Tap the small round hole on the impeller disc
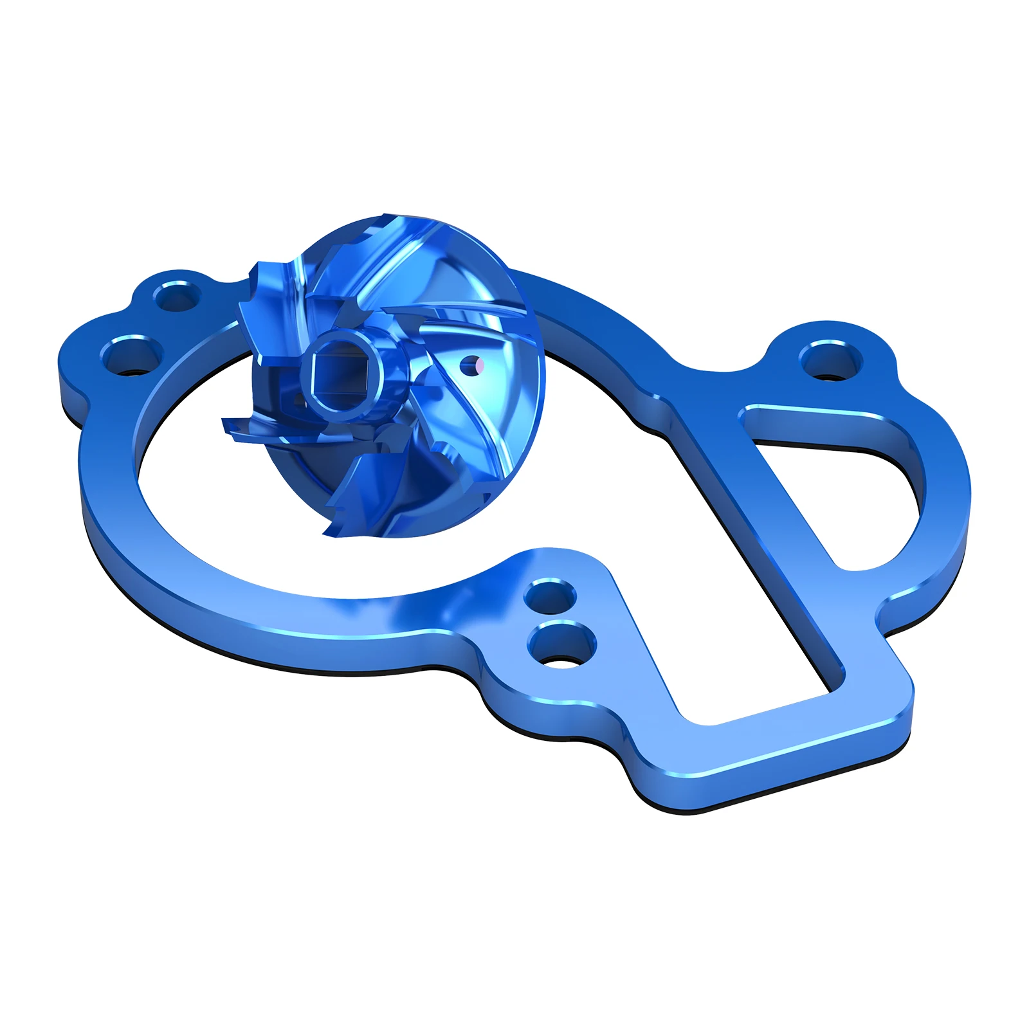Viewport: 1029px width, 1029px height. pyautogui.click(x=475, y=365)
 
